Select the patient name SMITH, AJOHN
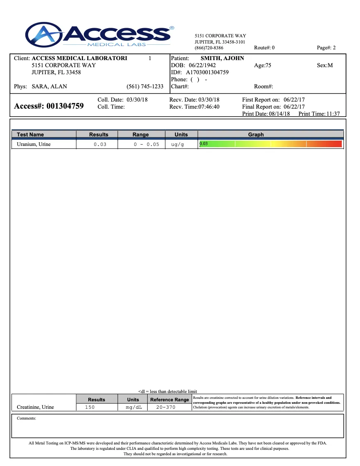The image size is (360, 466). point(222,58)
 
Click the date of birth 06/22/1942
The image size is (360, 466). point(202,66)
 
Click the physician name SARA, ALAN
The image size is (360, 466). point(49,87)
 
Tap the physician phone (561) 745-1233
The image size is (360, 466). point(145,87)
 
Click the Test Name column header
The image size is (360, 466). point(30,135)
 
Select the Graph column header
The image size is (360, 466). point(256,135)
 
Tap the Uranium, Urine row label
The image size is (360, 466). point(34,144)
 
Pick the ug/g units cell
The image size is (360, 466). point(178,145)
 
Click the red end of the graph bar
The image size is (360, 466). point(336,144)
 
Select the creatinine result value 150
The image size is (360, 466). point(90,408)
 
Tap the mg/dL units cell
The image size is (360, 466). point(134,408)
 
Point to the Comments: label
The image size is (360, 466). point(27,418)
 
